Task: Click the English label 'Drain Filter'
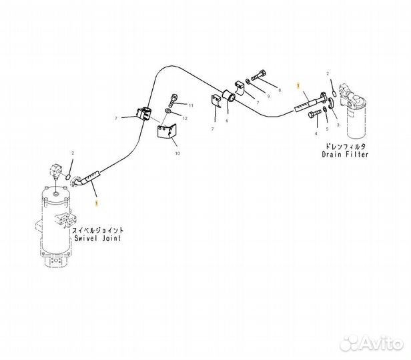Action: (345, 154)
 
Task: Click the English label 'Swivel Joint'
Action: (97, 238)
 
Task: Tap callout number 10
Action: (177, 153)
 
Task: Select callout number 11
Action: (191, 105)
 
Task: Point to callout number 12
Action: (185, 119)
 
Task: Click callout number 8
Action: (280, 90)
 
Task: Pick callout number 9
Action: (268, 97)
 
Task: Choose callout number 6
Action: (227, 121)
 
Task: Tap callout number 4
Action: (316, 133)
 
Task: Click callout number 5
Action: (327, 129)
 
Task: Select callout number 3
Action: (338, 125)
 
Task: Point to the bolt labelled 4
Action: (314, 114)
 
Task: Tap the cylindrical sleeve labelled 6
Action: (229, 96)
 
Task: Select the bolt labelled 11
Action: (173, 100)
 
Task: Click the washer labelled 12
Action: (168, 111)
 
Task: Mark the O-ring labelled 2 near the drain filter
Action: (334, 94)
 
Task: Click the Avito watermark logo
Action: (372, 343)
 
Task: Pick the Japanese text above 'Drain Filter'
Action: (345, 147)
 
